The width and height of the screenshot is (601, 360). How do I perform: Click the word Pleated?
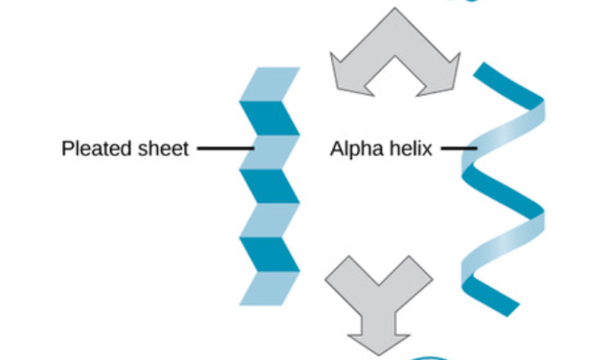92,148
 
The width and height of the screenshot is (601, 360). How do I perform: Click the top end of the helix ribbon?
486,72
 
